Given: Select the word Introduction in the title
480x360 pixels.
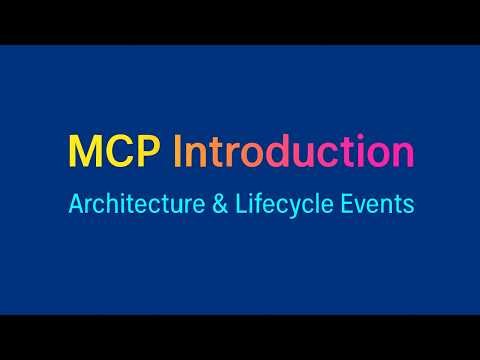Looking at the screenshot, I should click(293, 152).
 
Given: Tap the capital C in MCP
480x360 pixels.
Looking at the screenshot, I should click(121, 152).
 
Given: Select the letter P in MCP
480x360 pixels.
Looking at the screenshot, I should click(150, 152).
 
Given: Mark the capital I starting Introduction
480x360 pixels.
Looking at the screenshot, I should click(179, 152).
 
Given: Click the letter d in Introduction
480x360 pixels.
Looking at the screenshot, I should click(296, 152).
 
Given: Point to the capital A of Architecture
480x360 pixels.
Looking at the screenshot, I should click(76, 204).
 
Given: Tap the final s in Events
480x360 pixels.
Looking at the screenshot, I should click(409, 205).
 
